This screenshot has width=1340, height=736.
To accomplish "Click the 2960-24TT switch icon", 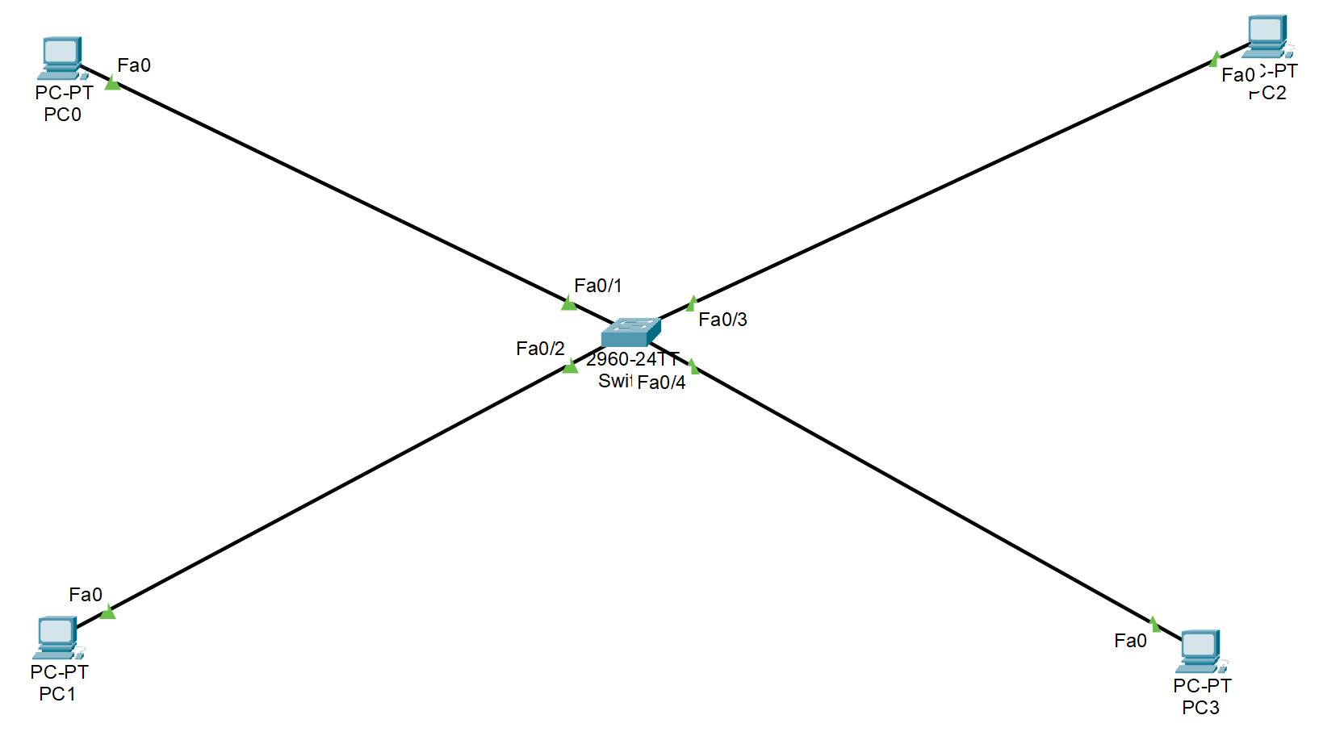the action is point(630,332).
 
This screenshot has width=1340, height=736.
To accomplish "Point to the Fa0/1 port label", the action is point(597,286).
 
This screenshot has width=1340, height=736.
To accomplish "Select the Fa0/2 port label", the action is point(540,349).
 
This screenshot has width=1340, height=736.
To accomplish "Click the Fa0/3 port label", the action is point(722,320).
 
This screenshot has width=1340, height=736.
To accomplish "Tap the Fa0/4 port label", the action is point(661,383).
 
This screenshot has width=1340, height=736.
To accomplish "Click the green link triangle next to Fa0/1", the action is point(569,303).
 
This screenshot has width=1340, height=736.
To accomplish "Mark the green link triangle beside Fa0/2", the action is point(571,366).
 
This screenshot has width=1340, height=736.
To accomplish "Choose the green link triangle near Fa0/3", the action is point(692,303).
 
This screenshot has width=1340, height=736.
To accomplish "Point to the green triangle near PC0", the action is point(112,82).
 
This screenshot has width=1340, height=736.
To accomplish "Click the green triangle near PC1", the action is point(108,612).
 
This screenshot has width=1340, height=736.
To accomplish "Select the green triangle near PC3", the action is point(1154,624).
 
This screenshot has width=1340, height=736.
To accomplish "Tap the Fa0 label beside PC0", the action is point(134,65).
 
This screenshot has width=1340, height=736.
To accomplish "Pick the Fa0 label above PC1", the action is point(86,595).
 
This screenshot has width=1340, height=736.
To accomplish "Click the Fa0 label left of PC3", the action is point(1130,641).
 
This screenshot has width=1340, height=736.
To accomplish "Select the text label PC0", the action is point(62,115).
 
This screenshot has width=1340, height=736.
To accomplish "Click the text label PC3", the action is point(1200,708).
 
